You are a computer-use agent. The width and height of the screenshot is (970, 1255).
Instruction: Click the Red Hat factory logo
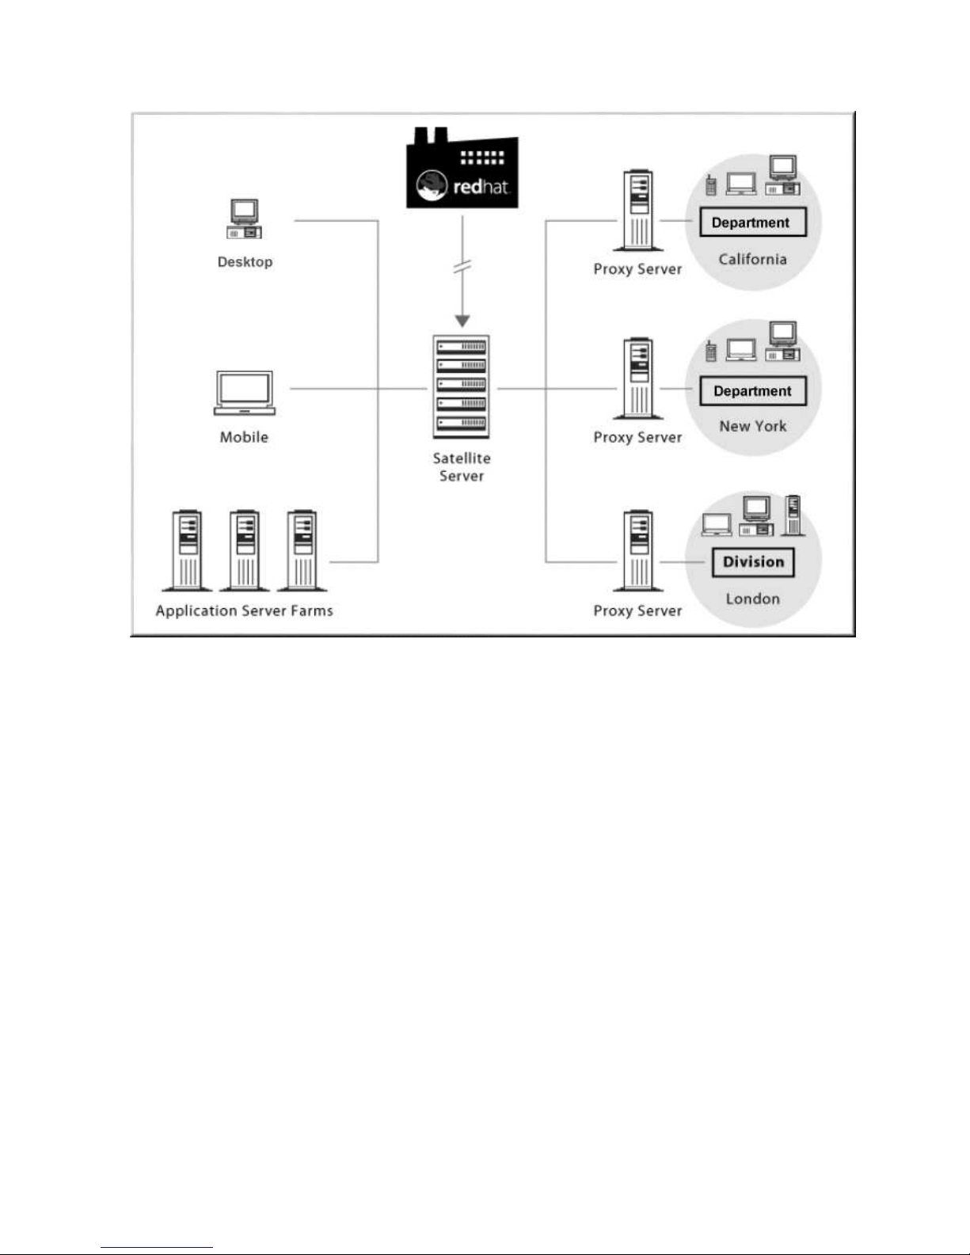click(x=462, y=167)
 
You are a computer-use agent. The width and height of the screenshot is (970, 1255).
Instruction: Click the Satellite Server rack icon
click(x=462, y=387)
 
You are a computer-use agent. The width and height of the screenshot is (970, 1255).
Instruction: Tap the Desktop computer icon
click(x=244, y=219)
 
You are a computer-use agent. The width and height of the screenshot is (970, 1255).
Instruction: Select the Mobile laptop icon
click(x=244, y=393)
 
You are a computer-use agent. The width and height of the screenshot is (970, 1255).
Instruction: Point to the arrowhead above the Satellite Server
click(x=462, y=321)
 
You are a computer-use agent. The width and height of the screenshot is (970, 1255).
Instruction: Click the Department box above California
click(x=753, y=222)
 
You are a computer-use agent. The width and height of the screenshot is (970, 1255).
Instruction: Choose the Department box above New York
click(x=753, y=391)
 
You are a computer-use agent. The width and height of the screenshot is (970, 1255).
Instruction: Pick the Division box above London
click(x=753, y=562)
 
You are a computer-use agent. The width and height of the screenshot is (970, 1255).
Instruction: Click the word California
click(x=752, y=260)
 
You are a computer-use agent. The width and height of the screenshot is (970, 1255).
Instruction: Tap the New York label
click(x=752, y=426)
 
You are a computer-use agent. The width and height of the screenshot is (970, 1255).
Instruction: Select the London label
click(x=752, y=599)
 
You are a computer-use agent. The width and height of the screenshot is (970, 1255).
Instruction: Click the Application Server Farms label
click(x=244, y=611)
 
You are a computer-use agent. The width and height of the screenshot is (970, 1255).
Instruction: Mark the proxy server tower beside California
click(x=638, y=211)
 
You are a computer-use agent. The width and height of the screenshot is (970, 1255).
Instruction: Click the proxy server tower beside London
click(x=638, y=551)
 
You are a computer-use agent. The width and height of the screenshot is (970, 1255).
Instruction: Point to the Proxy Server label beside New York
click(x=637, y=438)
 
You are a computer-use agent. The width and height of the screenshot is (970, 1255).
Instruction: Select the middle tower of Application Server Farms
click(x=244, y=551)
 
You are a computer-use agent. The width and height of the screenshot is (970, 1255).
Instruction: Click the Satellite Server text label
click(x=462, y=467)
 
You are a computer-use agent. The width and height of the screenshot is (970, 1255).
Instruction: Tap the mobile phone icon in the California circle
click(x=711, y=184)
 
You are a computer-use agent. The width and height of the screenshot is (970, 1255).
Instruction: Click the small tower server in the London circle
click(x=793, y=515)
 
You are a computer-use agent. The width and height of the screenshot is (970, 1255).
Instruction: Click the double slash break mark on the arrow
click(x=462, y=266)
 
